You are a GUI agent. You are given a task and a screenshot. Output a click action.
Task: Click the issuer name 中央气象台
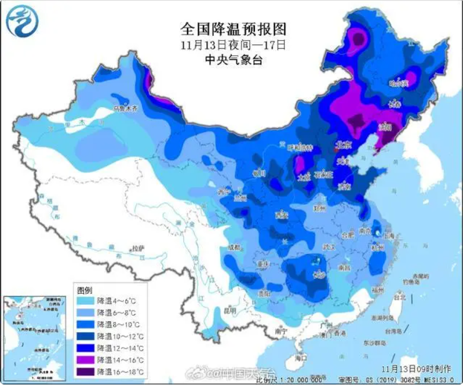233,60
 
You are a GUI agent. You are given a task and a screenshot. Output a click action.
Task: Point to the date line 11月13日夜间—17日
233,45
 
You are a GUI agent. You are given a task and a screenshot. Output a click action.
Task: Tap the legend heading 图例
85,289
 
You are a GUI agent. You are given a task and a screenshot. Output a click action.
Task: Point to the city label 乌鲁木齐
126,108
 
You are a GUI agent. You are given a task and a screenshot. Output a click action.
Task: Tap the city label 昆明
230,311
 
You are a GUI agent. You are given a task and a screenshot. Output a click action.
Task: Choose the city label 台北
399,296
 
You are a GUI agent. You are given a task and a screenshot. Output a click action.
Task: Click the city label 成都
234,248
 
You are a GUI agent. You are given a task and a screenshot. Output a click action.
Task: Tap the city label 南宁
282,331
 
